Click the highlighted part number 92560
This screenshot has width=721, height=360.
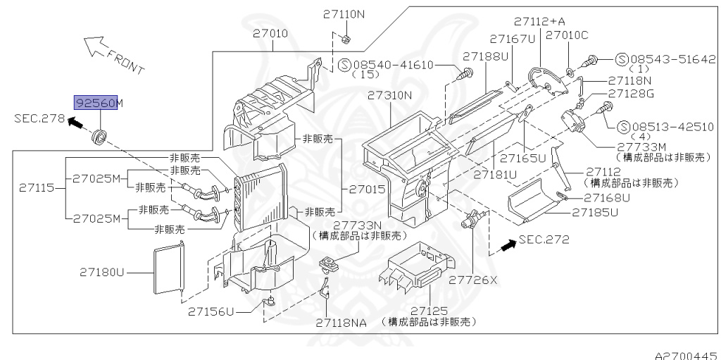95,103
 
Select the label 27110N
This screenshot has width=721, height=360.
345,13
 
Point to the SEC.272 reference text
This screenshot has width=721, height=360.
543,240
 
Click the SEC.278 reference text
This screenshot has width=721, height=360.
38,118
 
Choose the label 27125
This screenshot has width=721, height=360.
429,310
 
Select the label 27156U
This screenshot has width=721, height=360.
211,310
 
